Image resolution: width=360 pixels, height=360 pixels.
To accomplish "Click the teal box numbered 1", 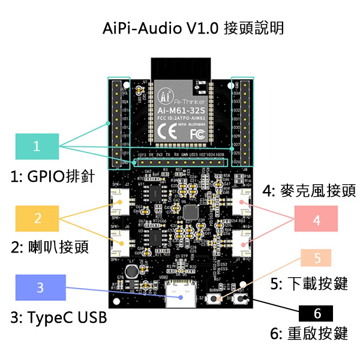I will click(37, 146).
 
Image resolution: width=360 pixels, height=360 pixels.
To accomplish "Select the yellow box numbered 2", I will click(38, 218).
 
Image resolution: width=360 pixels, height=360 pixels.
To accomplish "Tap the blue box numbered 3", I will click(40, 287).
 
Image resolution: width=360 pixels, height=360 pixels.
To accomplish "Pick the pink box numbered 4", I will click(316, 220).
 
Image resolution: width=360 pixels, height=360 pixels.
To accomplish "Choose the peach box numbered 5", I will click(318, 258).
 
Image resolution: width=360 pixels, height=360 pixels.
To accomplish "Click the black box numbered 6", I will click(318, 313).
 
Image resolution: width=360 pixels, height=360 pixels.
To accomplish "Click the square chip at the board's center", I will click(192, 213).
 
